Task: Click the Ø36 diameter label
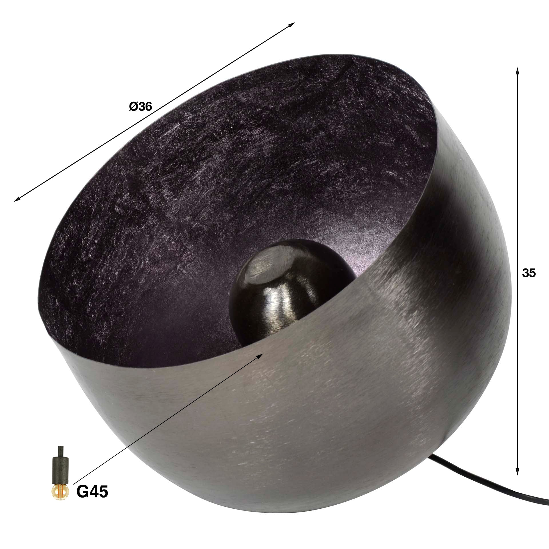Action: click(140, 107)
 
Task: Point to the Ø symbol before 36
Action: click(134, 107)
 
